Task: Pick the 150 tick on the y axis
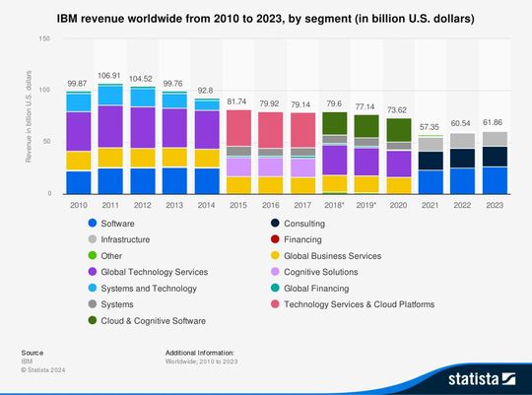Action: pos(44,38)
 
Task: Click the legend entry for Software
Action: pos(118,223)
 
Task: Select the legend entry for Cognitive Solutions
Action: pos(320,272)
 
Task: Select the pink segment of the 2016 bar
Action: pos(270,129)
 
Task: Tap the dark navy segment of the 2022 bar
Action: pos(462,158)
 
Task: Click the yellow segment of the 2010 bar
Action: pos(78,161)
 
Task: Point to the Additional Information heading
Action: pos(200,352)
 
